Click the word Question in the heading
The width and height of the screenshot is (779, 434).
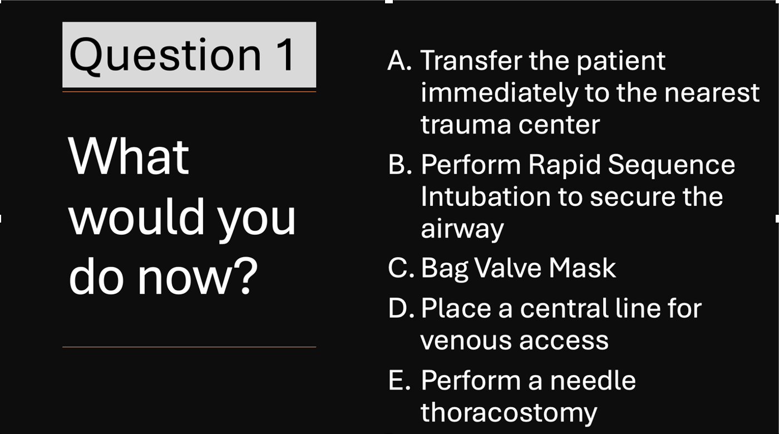(x=165, y=56)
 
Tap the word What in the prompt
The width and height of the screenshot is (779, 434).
(x=129, y=156)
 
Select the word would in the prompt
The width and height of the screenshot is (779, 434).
(x=136, y=216)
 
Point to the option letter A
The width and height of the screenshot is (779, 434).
(x=400, y=61)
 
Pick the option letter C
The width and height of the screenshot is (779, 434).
(x=401, y=268)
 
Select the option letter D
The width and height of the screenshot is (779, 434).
(x=401, y=308)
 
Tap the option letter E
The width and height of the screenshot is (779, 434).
(x=400, y=380)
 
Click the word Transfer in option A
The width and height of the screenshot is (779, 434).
(x=471, y=60)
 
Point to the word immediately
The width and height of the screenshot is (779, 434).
(x=500, y=94)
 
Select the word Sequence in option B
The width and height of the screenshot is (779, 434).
(x=672, y=165)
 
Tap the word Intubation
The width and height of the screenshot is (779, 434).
(x=486, y=196)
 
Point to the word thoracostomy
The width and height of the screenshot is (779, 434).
(x=509, y=413)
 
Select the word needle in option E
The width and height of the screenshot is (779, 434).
(x=593, y=380)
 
